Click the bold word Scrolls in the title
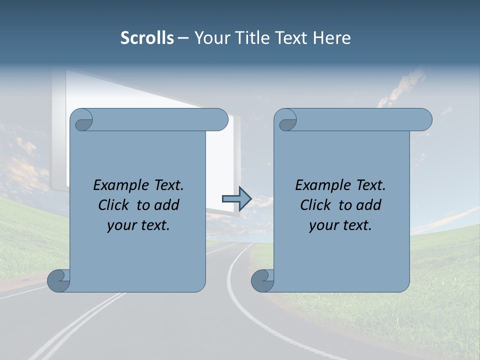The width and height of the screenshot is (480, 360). [x=147, y=38]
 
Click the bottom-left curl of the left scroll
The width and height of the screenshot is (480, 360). [x=58, y=280]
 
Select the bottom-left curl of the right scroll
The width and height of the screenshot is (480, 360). [x=262, y=280]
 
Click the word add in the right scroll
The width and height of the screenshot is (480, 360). [x=368, y=205]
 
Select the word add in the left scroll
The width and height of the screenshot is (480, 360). [x=166, y=205]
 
